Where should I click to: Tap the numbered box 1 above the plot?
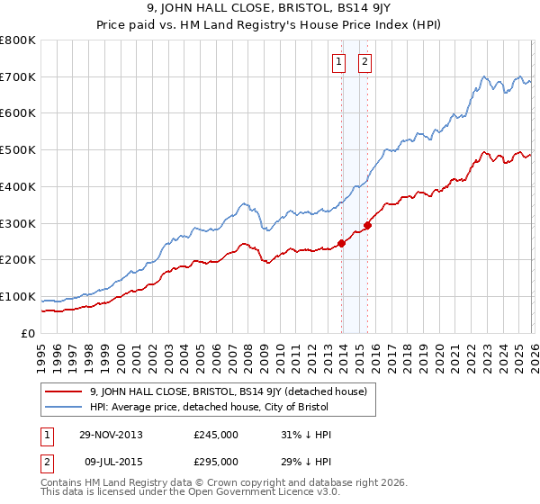pos(339,62)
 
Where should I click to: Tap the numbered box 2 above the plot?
pos(364,62)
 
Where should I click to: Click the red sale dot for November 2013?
pos(342,243)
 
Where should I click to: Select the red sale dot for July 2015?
pos(367,225)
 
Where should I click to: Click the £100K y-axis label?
pos(18,296)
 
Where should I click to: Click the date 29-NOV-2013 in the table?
pos(111,435)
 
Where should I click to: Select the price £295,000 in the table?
pos(216,461)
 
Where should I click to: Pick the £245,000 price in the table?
pos(216,435)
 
